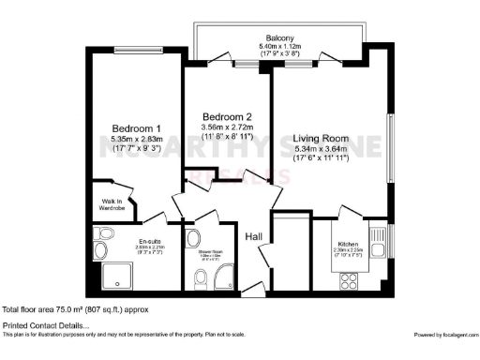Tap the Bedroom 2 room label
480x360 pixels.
[227, 115]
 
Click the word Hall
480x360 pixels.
[254, 237]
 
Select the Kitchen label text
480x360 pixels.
[348, 245]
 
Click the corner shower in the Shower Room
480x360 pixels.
[224, 277]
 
